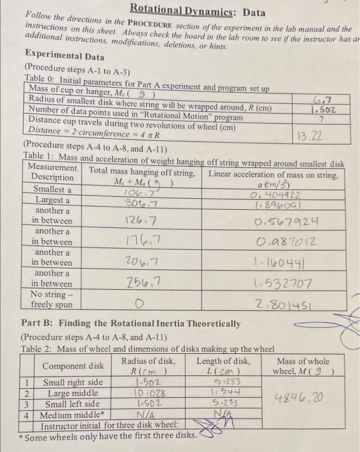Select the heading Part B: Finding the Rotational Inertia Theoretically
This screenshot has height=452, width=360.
pyautogui.click(x=131, y=323)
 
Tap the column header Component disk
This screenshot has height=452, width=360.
pyautogui.click(x=73, y=366)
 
